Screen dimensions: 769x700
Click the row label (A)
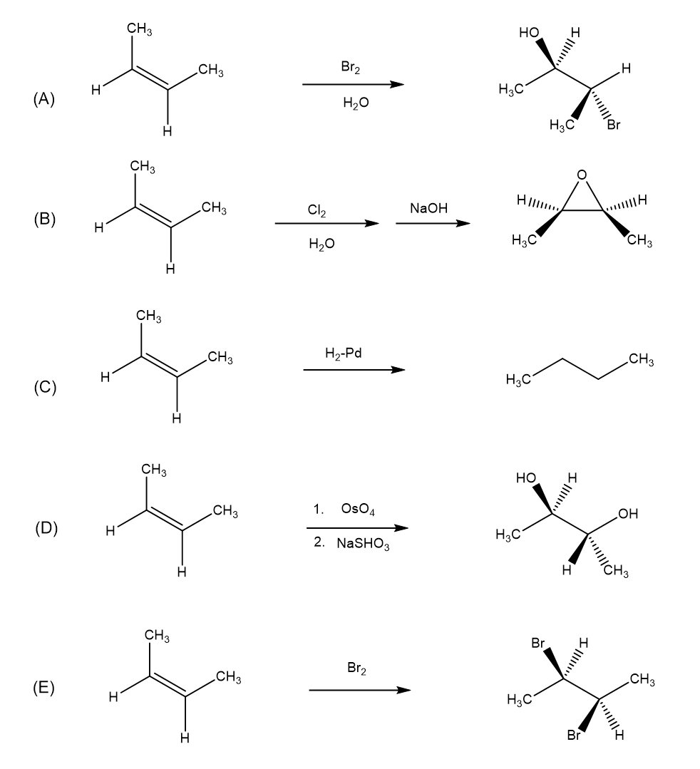[x=43, y=99]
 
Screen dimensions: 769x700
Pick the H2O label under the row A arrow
[x=356, y=104]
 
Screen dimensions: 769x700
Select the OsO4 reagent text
[x=359, y=510]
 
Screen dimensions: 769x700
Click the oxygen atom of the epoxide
[x=582, y=174]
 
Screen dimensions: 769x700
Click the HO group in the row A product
[x=530, y=33]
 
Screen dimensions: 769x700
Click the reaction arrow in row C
[x=354, y=370]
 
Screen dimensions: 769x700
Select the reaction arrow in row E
[x=359, y=690]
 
